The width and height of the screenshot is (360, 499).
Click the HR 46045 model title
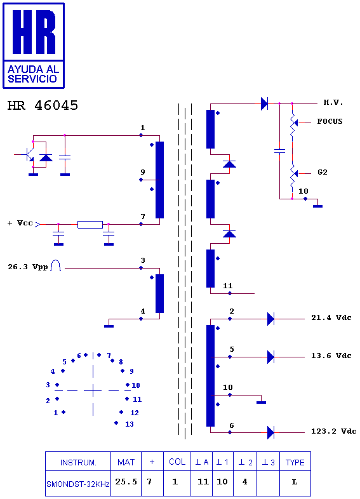point(43,105)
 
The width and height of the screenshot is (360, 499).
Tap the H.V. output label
point(333,102)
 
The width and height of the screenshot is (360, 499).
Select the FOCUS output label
point(330,121)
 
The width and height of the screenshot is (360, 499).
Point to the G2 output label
point(323,172)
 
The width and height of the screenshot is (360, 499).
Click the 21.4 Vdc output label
point(331,317)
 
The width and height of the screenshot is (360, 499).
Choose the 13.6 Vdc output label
point(331,356)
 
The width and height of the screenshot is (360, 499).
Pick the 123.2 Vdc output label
point(333,431)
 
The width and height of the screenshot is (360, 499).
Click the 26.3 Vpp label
point(28,267)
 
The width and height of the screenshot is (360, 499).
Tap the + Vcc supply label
point(20,223)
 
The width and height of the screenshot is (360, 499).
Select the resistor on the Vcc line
point(90,225)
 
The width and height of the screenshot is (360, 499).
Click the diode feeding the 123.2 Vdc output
point(270,433)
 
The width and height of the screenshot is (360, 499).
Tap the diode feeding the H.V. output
point(264,103)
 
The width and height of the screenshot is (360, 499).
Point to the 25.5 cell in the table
point(126,482)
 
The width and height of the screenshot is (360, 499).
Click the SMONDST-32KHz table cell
point(78,484)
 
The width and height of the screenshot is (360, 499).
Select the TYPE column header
point(295,462)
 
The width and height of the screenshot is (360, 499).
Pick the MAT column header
point(126,462)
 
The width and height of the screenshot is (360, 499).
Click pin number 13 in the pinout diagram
point(130,424)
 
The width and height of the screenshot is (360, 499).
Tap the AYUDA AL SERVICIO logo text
point(33,74)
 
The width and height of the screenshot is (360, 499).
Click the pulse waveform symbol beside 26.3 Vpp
point(56,265)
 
